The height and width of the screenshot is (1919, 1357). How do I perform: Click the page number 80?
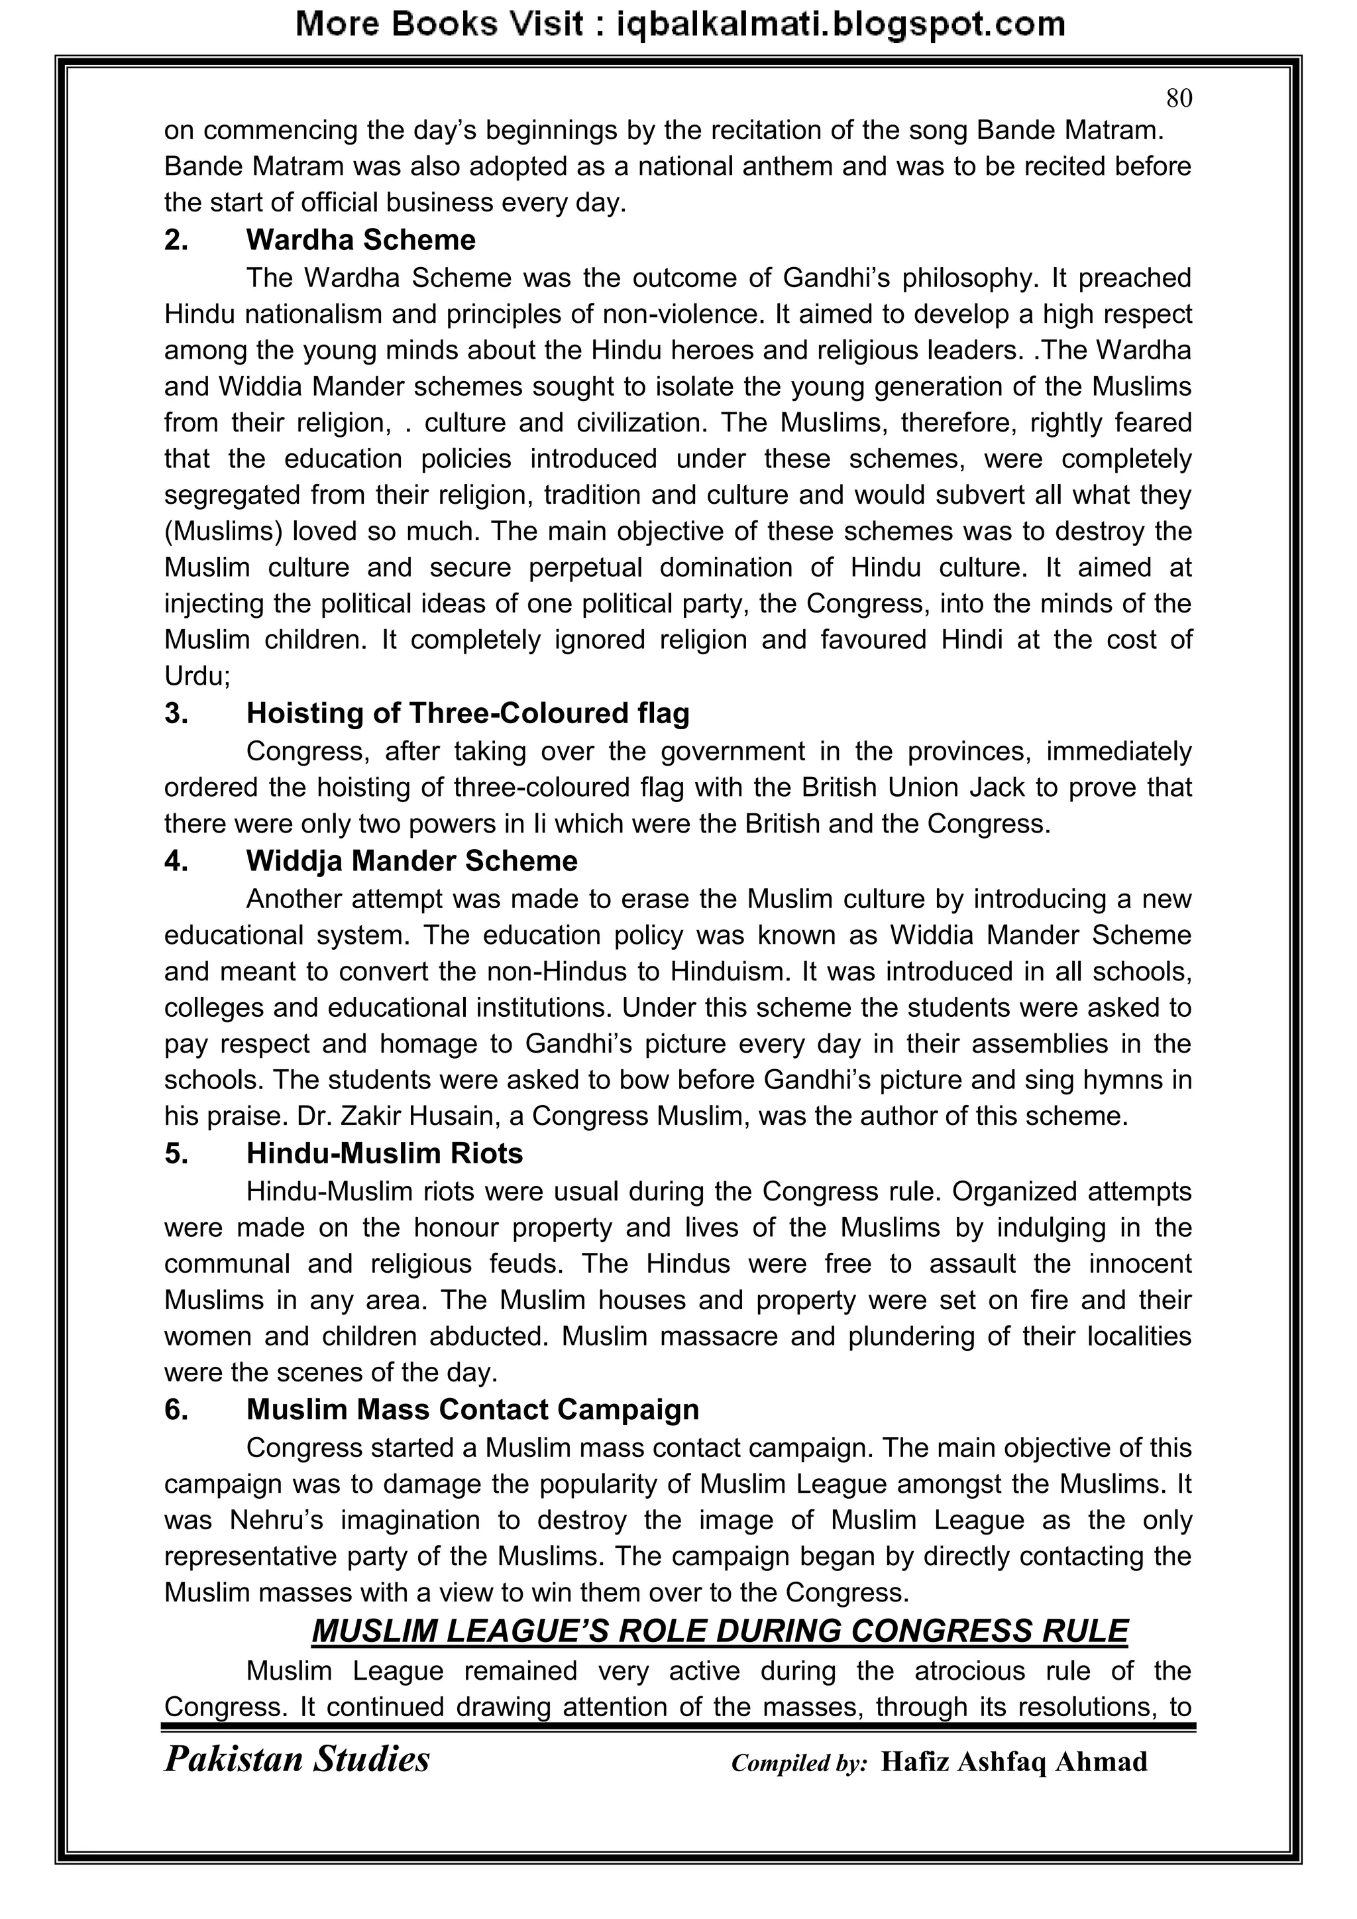pyautogui.click(x=1178, y=99)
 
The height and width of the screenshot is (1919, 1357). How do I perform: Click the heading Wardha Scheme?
pyautogui.click(x=360, y=241)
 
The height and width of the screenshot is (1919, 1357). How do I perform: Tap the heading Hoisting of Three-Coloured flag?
pyautogui.click(x=467, y=714)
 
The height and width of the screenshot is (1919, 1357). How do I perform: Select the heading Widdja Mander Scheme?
pyautogui.click(x=411, y=861)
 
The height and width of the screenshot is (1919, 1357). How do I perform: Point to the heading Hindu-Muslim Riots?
pyautogui.click(x=384, y=1153)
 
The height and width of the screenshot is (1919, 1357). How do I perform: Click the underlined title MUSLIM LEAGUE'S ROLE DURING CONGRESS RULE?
pyautogui.click(x=720, y=1631)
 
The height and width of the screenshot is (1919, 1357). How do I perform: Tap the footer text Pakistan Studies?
pyautogui.click(x=297, y=1759)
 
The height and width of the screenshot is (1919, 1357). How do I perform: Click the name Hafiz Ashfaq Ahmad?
pyautogui.click(x=1014, y=1762)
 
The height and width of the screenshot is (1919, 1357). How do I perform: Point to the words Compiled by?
pyautogui.click(x=799, y=1763)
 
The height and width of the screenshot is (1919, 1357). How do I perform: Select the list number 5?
pyautogui.click(x=176, y=1153)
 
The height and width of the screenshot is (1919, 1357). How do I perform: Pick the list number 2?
pyautogui.click(x=176, y=241)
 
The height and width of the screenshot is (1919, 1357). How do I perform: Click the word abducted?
pyautogui.click(x=488, y=1336)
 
